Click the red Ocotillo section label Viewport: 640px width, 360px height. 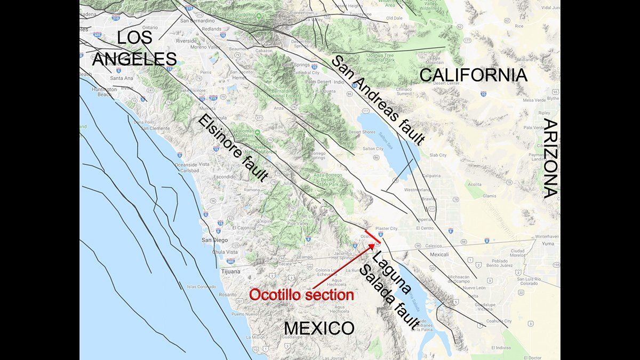point(302,294)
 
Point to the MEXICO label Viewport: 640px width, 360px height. point(319,328)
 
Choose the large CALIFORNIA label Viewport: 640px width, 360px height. point(473,75)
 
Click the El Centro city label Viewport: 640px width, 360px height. point(426,228)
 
